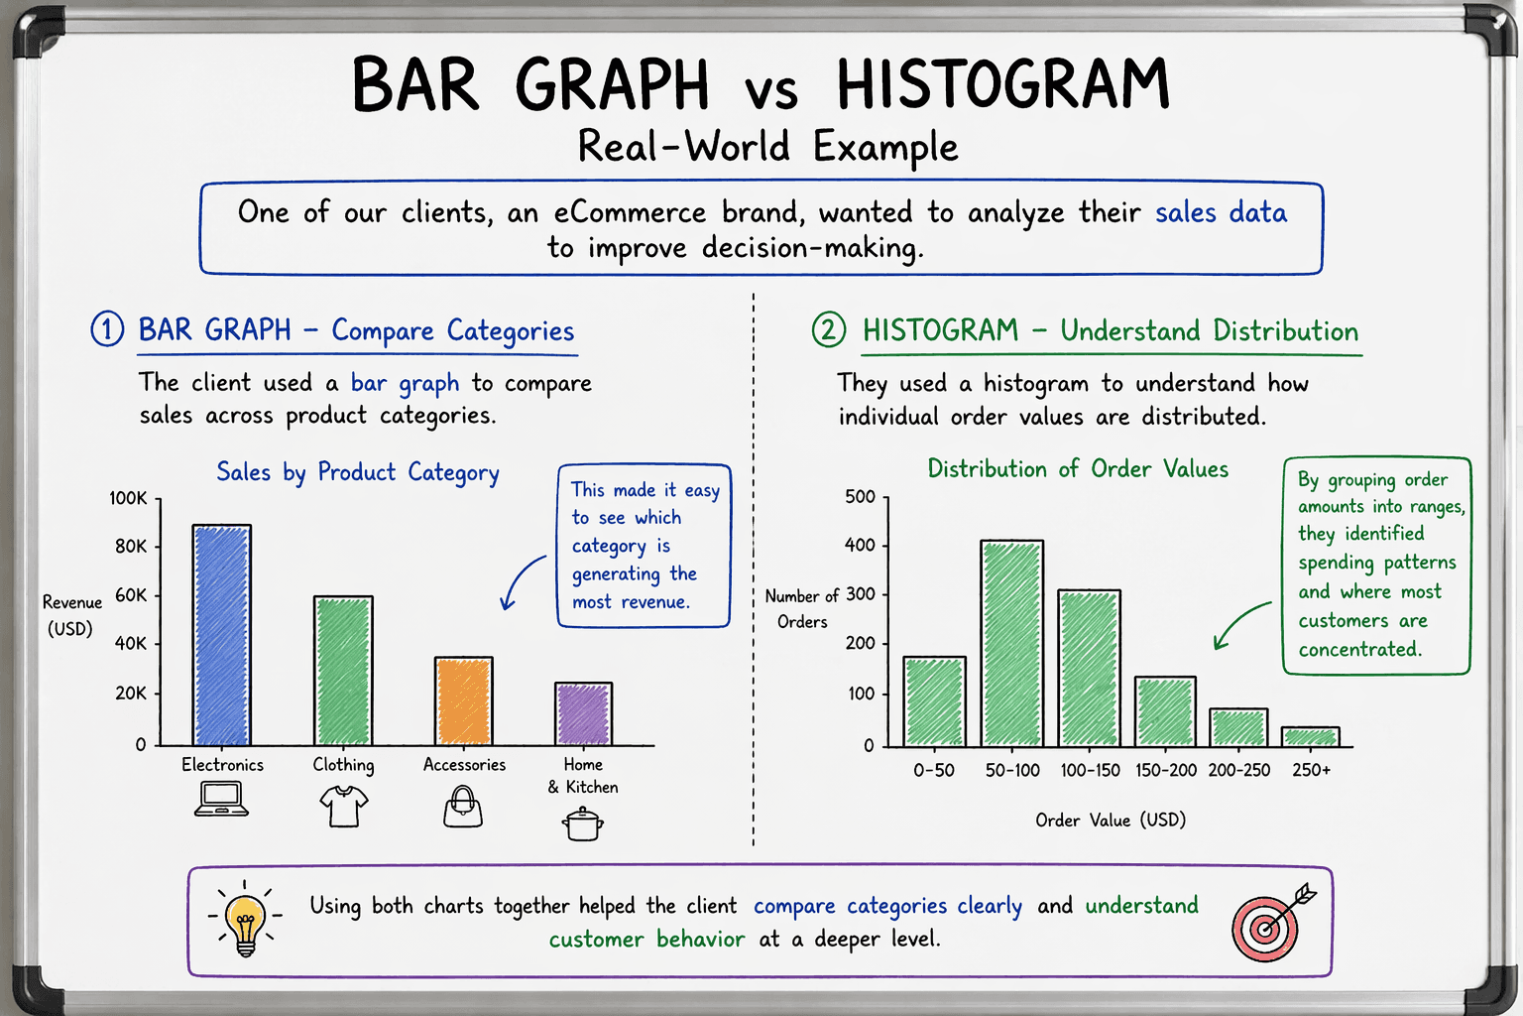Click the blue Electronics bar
pyautogui.click(x=221, y=635)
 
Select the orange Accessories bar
pyautogui.click(x=463, y=700)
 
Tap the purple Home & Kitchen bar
pyautogui.click(x=583, y=713)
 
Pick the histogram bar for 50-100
pyautogui.click(x=1011, y=643)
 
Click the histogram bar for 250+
pyautogui.click(x=1310, y=736)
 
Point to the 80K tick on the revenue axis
pyautogui.click(x=131, y=547)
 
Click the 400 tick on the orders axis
pyautogui.click(x=860, y=545)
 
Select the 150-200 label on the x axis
pyautogui.click(x=1165, y=770)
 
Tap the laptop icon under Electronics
pyautogui.click(x=221, y=799)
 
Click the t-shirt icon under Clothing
pyautogui.click(x=343, y=806)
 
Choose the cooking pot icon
pyautogui.click(x=583, y=823)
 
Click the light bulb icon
pyautogui.click(x=245, y=919)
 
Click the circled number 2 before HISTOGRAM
pyautogui.click(x=829, y=329)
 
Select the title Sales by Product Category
pyautogui.click(x=357, y=472)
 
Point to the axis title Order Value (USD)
pyautogui.click(x=1111, y=821)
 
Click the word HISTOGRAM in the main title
pyautogui.click(x=1002, y=84)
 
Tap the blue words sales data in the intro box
pyautogui.click(x=1221, y=212)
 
